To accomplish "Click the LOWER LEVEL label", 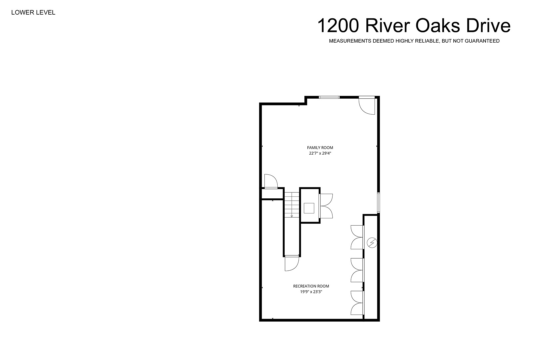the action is [33, 13].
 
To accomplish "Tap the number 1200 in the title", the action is [338, 26].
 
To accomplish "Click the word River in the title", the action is [387, 26].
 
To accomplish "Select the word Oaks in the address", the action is [437, 26].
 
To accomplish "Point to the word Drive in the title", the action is [488, 26].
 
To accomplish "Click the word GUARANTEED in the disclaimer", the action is [482, 41].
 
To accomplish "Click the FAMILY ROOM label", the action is [320, 148].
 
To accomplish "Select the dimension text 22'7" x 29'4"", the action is [320, 153].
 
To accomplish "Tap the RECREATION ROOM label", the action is [311, 286].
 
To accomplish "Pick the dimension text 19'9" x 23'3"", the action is [311, 292].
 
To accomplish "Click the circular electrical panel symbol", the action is [372, 243].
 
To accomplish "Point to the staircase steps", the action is [292, 205].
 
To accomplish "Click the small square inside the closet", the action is [309, 208].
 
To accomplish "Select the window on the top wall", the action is [329, 97].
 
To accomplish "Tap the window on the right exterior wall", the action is [378, 203].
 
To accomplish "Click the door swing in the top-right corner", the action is [367, 105].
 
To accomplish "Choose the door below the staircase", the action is [292, 263].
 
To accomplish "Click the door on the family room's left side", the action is [271, 181].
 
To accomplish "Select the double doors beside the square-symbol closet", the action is [326, 206].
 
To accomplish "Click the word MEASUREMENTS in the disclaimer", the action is [350, 41].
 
